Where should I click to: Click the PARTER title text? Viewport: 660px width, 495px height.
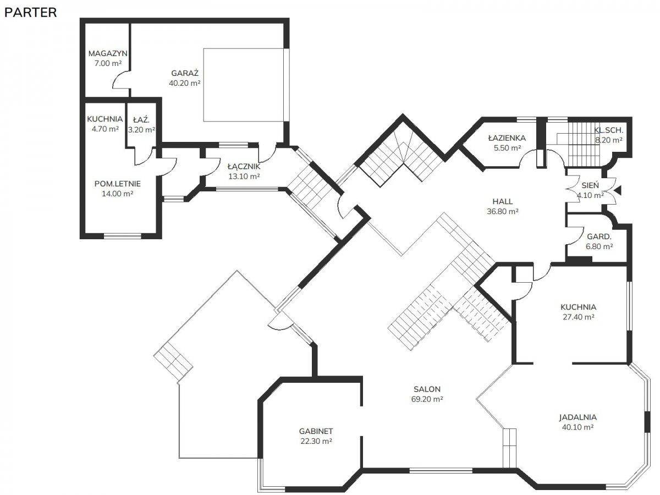pyautogui.click(x=30, y=13)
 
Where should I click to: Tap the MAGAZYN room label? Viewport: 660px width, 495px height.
pyautogui.click(x=108, y=53)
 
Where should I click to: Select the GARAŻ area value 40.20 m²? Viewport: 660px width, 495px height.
pyautogui.click(x=184, y=83)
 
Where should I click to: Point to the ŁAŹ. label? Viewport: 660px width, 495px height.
pyautogui.click(x=141, y=119)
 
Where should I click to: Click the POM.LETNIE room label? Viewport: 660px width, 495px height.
pyautogui.click(x=117, y=184)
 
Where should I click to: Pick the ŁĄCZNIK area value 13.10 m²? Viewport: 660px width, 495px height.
pyautogui.click(x=244, y=177)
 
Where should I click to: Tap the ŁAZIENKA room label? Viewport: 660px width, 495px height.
pyautogui.click(x=507, y=138)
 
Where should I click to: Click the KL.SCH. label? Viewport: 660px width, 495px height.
pyautogui.click(x=608, y=130)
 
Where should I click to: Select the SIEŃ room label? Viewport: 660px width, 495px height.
pyautogui.click(x=590, y=185)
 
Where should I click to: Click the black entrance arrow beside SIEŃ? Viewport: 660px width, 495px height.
pyautogui.click(x=618, y=190)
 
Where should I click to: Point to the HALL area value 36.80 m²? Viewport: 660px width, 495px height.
pyautogui.click(x=503, y=211)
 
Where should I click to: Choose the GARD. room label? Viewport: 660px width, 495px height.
pyautogui.click(x=599, y=237)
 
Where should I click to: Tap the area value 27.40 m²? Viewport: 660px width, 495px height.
pyautogui.click(x=578, y=317)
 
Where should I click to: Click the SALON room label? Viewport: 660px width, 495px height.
pyautogui.click(x=427, y=389)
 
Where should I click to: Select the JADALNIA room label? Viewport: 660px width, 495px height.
pyautogui.click(x=577, y=417)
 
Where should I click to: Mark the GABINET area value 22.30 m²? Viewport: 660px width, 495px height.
pyautogui.click(x=316, y=441)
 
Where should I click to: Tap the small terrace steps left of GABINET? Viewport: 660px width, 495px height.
pyautogui.click(x=173, y=361)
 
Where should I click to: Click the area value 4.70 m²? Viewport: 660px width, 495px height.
pyautogui.click(x=105, y=129)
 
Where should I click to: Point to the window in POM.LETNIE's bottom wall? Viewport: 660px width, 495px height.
pyautogui.click(x=123, y=236)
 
